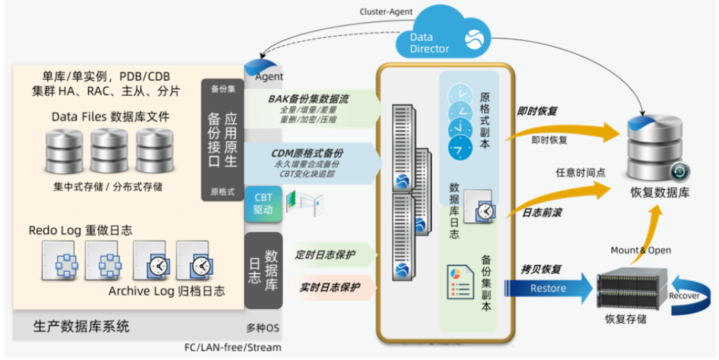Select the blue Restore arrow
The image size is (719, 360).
549,288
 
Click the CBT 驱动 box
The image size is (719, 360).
263,204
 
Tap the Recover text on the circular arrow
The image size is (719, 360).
684,295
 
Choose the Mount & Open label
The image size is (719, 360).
640,250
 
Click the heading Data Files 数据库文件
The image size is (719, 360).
111,117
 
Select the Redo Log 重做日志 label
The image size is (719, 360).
81,230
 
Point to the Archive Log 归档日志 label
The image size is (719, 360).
166,291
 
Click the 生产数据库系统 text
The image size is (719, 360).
81,326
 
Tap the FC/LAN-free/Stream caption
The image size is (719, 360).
232,347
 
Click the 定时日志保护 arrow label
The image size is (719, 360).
326,254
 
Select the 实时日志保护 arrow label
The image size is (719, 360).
326,287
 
